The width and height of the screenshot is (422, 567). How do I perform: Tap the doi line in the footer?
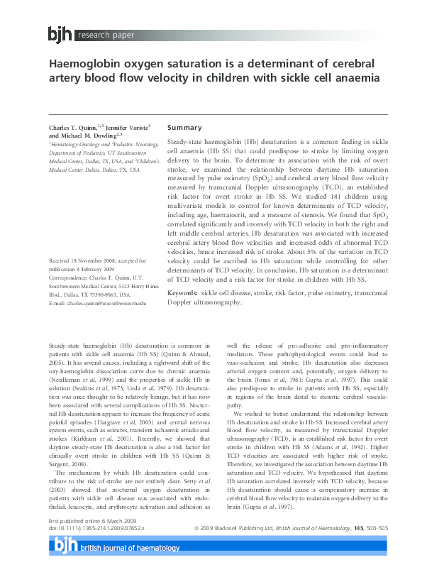click(96, 549)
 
